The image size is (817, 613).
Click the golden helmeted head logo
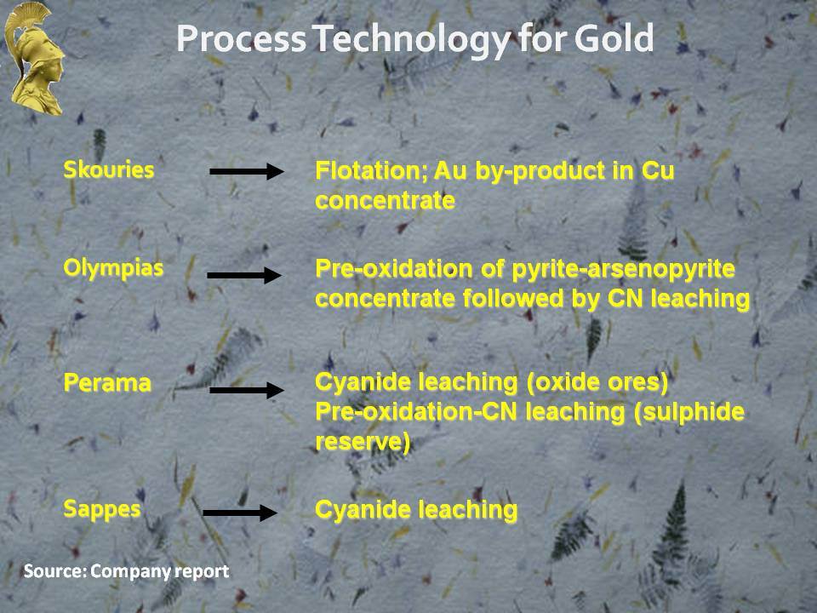pyautogui.click(x=34, y=59)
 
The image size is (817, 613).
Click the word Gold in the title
pyautogui.click(x=614, y=38)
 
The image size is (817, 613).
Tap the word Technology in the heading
pyautogui.click(x=413, y=41)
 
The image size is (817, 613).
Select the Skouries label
pyautogui.click(x=108, y=170)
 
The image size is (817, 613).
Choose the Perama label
pyautogui.click(x=107, y=383)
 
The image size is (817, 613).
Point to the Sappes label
pyautogui.click(x=101, y=509)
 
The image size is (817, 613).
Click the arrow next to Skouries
pyautogui.click(x=247, y=171)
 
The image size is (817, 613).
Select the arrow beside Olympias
pyautogui.click(x=244, y=275)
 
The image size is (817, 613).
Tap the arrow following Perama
pyautogui.click(x=247, y=390)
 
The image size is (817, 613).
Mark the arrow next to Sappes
pyautogui.click(x=240, y=513)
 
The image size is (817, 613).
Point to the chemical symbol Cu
pyautogui.click(x=658, y=171)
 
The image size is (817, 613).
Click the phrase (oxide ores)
pyautogui.click(x=597, y=383)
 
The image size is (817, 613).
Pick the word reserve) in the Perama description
pyautogui.click(x=363, y=442)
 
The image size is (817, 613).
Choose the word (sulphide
pyautogui.click(x=689, y=413)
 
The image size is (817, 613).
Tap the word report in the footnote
pyautogui.click(x=202, y=572)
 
